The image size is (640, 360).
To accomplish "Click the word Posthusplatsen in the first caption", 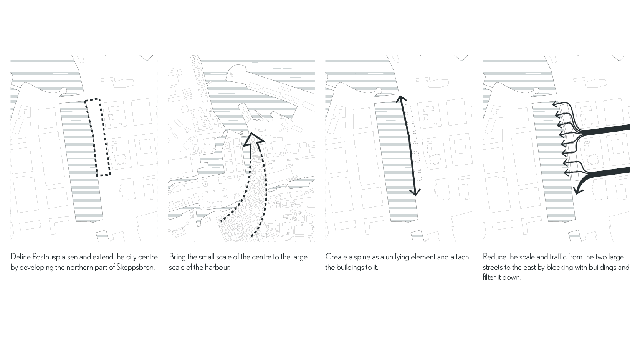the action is pyautogui.click(x=55, y=257).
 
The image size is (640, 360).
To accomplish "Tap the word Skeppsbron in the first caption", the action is pyautogui.click(x=136, y=268).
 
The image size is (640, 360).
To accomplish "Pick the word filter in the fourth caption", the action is pyautogui.click(x=489, y=277).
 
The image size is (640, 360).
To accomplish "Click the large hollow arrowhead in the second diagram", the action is pyautogui.click(x=253, y=140).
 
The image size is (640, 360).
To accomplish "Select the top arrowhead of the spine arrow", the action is pyautogui.click(x=401, y=99).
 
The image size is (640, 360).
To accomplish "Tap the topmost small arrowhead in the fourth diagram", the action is pyautogui.click(x=556, y=104).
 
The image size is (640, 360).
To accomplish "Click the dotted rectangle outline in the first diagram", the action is pyautogui.click(x=98, y=137).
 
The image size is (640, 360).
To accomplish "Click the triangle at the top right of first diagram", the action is pyautogui.click(x=147, y=58).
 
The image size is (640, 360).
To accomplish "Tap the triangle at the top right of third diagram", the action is pyautogui.click(x=461, y=58).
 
